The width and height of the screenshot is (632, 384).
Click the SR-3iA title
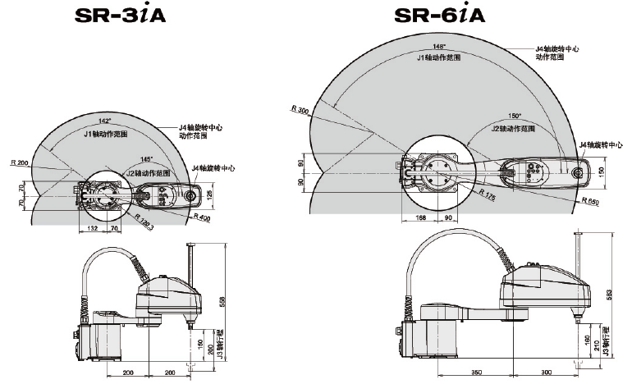pyautogui.click(x=120, y=16)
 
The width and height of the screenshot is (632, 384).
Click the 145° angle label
pyautogui.click(x=145, y=159)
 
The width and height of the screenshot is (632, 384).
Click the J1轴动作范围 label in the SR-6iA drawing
pyautogui.click(x=439, y=58)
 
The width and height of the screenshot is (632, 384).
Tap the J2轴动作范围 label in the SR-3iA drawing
pyautogui.click(x=149, y=173)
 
